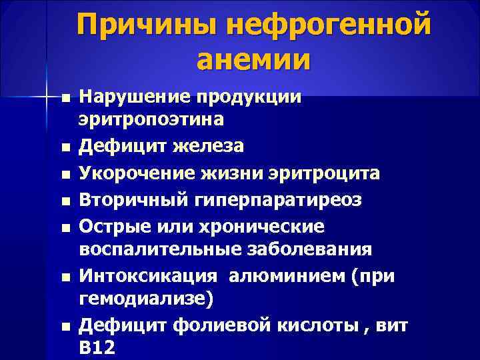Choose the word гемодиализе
pos(143,299)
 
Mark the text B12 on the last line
pos(96,347)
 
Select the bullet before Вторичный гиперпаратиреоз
pos(65,201)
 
